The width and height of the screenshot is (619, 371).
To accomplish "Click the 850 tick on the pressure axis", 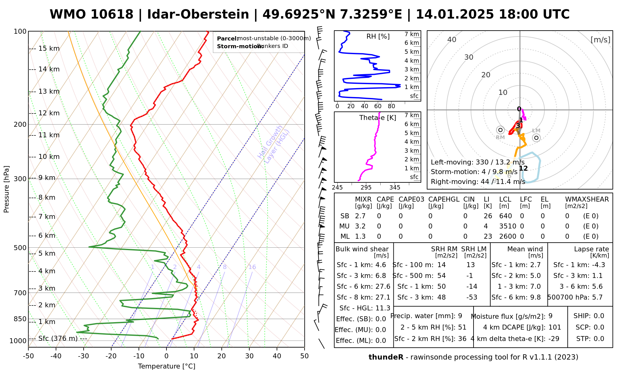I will [x=20, y=319].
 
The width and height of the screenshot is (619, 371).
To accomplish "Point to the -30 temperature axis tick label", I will [x=83, y=356].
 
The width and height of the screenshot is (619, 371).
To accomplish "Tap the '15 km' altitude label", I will [x=49, y=49].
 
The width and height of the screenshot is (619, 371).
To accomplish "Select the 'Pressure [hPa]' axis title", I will [x=6, y=189].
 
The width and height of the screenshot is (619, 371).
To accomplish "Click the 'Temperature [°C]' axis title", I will [x=167, y=366].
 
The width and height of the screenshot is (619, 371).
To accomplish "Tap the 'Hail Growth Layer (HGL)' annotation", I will [x=274, y=144].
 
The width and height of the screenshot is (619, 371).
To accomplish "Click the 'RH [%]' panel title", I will [x=378, y=36].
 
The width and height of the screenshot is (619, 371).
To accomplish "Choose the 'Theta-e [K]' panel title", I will [x=378, y=118].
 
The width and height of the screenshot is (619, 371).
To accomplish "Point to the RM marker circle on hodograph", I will [x=500, y=130].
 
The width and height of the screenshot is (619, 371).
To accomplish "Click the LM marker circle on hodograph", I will [x=536, y=138].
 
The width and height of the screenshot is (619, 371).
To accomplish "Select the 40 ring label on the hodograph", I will [x=452, y=40].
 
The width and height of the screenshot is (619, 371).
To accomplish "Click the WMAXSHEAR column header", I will [x=587, y=199].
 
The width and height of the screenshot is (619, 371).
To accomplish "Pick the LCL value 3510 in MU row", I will [x=508, y=226].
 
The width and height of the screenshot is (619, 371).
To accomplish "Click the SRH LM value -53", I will [x=472, y=297].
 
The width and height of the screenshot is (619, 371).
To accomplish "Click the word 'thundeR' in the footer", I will [x=386, y=357].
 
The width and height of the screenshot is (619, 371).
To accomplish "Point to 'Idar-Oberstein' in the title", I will [x=198, y=15].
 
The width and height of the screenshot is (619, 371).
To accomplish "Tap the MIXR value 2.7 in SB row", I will [x=360, y=216].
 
